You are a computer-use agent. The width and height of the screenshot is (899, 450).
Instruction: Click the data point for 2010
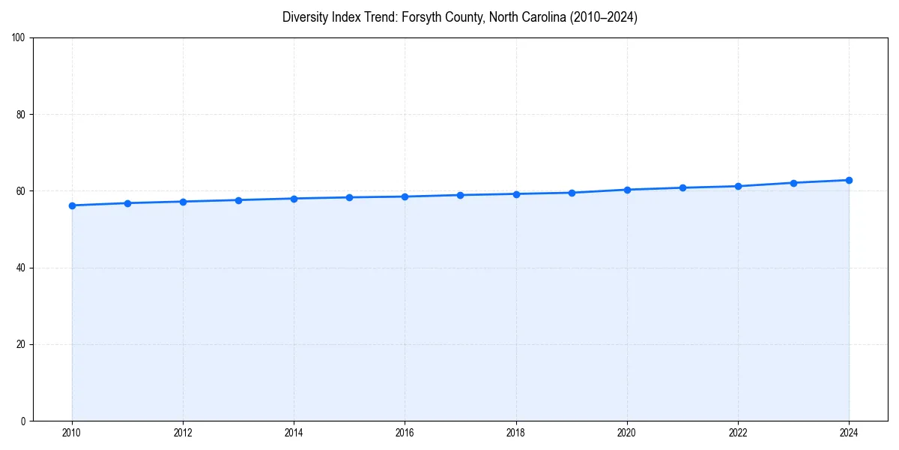pos(72,205)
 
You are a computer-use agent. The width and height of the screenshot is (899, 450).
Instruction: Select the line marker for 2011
pos(127,203)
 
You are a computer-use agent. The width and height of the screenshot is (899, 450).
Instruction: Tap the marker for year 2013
pos(238,200)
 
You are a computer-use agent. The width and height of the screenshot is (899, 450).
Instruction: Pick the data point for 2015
pos(349,197)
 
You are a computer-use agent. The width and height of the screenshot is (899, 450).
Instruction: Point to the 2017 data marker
pos(460,195)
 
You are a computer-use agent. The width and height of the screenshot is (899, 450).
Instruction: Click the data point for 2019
pos(572,193)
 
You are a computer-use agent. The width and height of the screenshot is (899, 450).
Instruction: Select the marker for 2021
pos(682,187)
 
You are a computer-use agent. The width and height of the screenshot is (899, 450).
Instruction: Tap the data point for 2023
pos(793,183)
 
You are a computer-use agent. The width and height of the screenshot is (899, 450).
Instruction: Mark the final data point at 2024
pos(849,180)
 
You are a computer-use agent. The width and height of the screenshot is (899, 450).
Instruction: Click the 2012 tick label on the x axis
pos(183,433)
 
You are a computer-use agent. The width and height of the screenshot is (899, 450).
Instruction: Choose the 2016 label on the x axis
pos(405,433)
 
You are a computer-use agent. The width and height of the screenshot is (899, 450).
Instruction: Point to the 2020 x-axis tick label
pos(627,433)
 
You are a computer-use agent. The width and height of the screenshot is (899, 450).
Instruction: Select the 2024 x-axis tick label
pos(849,433)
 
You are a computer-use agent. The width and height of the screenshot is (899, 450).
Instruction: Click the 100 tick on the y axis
pos(19,38)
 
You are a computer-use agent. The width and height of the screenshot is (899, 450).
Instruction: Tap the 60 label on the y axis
pos(21,191)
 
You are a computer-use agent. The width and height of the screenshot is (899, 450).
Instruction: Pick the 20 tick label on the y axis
pos(21,344)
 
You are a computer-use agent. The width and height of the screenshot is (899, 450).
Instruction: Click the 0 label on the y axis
pos(23,421)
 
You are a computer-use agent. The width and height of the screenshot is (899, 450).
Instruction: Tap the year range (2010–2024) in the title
pos(603,17)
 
